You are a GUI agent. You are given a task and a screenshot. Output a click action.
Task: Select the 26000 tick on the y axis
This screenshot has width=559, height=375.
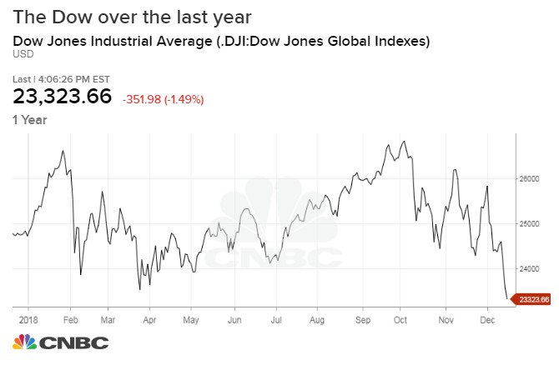531,179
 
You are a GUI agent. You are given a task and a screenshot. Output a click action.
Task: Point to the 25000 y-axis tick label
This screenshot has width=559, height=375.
531,224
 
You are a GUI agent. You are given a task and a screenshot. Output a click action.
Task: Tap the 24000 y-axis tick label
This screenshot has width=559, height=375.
531,269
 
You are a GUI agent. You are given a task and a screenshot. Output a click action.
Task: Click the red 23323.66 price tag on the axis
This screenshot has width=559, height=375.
534,299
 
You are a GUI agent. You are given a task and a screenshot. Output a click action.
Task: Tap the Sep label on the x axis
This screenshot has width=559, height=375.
363,318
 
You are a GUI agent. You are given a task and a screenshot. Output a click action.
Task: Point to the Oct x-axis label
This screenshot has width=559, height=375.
400,318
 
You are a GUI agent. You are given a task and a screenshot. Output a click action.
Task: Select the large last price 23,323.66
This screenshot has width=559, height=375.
62,96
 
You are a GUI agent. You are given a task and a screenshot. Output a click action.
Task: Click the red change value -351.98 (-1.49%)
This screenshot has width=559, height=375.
163,99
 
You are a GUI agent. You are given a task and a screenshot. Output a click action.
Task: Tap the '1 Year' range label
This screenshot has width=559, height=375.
29,119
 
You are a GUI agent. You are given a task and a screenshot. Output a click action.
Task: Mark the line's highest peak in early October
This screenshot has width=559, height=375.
405,141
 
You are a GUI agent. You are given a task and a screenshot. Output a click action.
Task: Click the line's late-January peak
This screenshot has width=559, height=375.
63,150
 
